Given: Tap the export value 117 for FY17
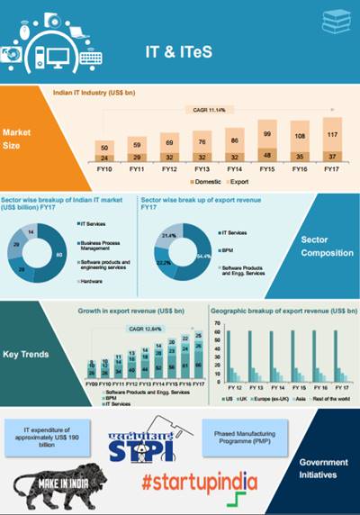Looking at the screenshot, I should coord(333,136).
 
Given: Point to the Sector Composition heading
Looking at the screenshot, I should coord(326,247).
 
